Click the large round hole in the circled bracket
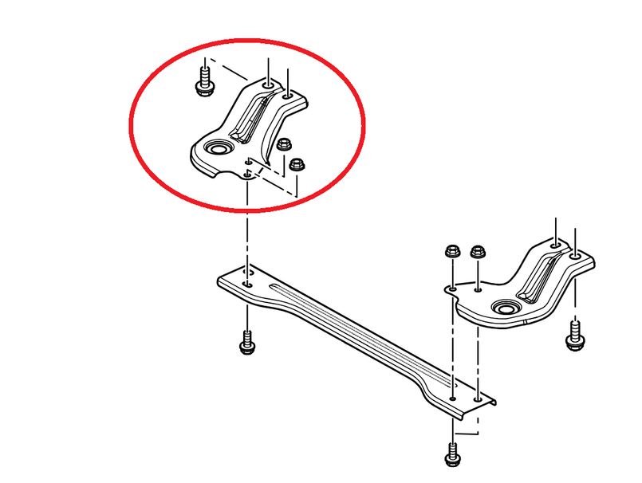(216, 149)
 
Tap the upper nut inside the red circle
(283, 145)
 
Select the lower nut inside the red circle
(296, 165)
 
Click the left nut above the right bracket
(451, 251)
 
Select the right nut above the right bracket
(477, 252)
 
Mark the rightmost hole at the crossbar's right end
(477, 397)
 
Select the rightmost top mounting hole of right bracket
(574, 257)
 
